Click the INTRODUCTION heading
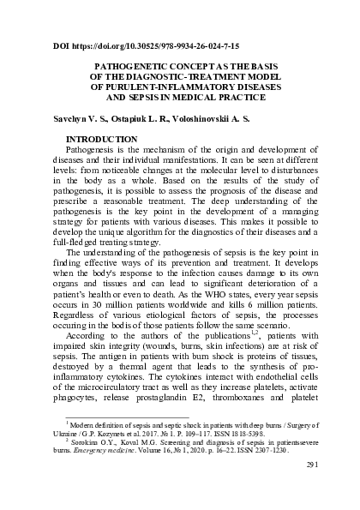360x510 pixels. point(102,137)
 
